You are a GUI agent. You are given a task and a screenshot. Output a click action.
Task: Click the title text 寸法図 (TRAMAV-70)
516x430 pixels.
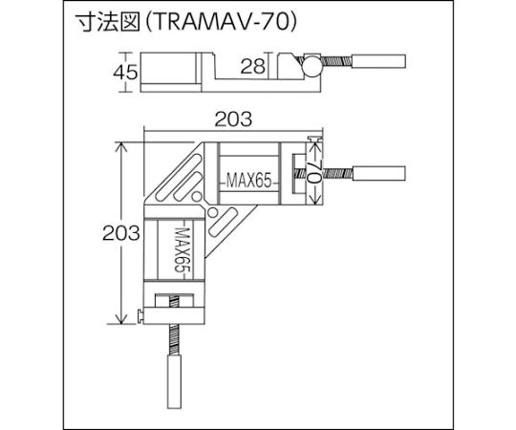point(186,22)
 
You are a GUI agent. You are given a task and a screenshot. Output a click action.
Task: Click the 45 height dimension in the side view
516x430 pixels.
point(125,73)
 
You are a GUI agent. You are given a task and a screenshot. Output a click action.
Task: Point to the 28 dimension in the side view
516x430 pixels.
point(252,66)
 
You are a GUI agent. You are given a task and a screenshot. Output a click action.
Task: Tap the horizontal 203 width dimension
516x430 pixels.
point(233,119)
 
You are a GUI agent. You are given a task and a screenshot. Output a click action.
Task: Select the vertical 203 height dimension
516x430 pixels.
point(121,233)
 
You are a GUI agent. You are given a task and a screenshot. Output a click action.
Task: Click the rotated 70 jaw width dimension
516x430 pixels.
point(314,173)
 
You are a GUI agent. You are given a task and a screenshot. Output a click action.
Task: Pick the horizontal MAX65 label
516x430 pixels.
point(249,181)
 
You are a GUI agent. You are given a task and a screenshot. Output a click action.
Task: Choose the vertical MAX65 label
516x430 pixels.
point(183,250)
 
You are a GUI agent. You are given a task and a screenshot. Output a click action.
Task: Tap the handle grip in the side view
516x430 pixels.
point(378,61)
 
